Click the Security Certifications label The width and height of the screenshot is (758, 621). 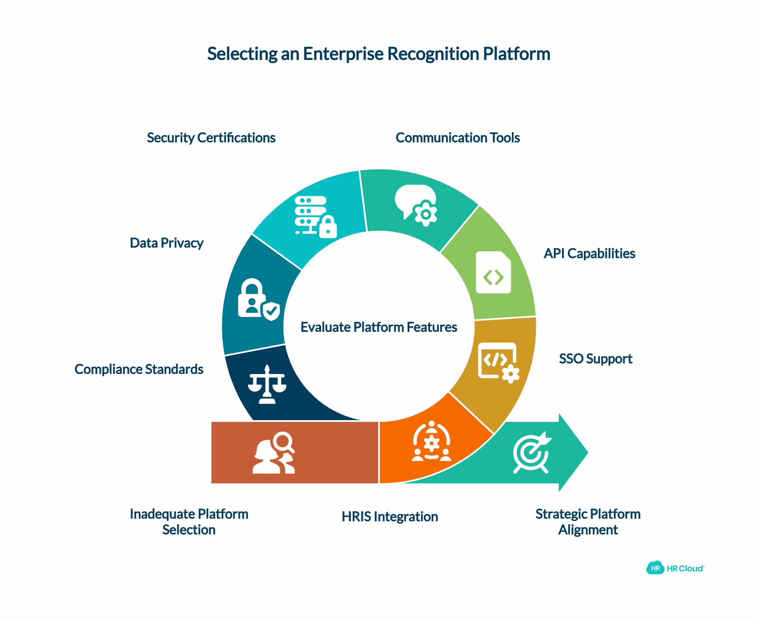[x=211, y=138]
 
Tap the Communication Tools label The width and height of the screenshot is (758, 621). [x=457, y=138]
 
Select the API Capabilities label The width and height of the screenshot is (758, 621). [x=589, y=253]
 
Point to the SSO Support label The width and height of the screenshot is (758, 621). [x=595, y=358]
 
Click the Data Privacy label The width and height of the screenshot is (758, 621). [x=166, y=243]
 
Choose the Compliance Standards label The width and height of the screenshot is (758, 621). [x=139, y=369]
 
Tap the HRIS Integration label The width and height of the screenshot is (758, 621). [x=390, y=517]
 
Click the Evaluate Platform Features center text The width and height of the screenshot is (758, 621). [x=378, y=327]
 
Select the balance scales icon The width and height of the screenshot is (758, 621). [x=267, y=384]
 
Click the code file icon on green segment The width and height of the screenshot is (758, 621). [x=493, y=272]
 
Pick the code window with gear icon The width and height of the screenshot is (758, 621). [x=498, y=363]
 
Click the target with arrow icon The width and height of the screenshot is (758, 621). [x=532, y=453]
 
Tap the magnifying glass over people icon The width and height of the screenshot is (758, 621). [x=274, y=453]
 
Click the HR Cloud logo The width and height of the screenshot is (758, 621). [x=675, y=568]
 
